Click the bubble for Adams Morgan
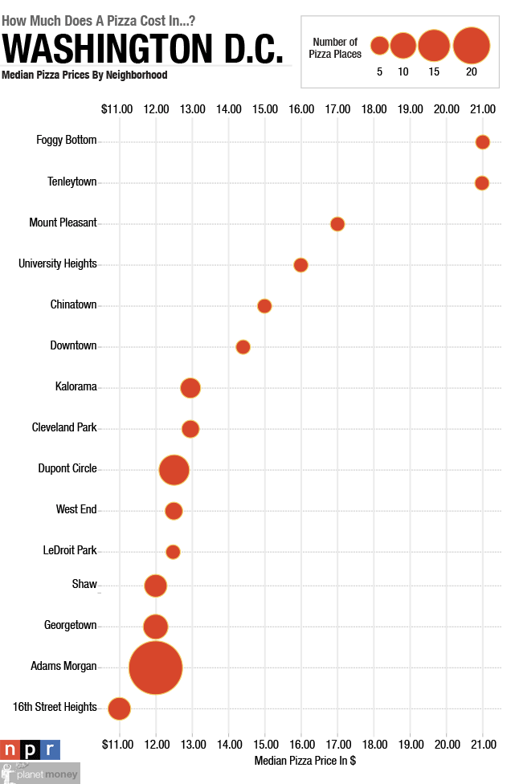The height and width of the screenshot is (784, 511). coord(156,667)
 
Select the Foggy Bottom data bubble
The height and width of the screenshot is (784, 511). coord(482,142)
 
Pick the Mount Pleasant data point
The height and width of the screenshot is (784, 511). coord(337,224)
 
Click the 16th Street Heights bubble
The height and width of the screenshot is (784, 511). coord(120,708)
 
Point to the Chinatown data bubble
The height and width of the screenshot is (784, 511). coord(264,306)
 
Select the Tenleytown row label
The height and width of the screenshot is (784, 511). coord(72,182)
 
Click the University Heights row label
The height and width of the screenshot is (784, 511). coord(58,263)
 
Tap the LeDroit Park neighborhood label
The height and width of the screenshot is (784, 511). coord(69,550)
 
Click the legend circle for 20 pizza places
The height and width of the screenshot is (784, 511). coord(472,46)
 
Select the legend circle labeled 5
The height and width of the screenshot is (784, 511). coord(379,46)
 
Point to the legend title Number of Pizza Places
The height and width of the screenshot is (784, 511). coord(334,47)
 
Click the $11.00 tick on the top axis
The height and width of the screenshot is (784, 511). coord(117,108)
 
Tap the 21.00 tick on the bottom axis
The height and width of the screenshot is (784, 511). coord(483,742)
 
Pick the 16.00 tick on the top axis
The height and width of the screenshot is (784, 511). coord(301,108)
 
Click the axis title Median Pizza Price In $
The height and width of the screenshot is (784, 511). coord(305,760)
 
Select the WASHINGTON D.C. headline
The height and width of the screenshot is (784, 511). coord(143,49)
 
